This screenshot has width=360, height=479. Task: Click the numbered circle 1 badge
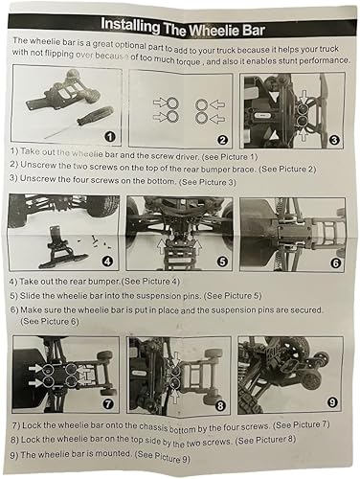110,137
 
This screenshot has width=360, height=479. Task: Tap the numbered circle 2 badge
222,140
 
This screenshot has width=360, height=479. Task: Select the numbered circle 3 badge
334,140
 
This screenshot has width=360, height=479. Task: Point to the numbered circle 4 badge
107,262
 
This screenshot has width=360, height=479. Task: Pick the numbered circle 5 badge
222,262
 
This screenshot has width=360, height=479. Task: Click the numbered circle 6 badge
335,262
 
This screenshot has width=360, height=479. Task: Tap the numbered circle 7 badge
108,404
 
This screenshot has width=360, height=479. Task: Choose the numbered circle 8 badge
220,406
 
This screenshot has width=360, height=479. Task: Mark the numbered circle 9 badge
332,402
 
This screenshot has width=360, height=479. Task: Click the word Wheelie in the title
214,31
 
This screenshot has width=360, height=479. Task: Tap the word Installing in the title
130,25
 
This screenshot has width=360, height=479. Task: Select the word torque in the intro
189,60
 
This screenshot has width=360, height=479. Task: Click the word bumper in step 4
104,282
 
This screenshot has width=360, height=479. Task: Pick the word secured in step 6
304,309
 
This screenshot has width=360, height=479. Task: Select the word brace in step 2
245,169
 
